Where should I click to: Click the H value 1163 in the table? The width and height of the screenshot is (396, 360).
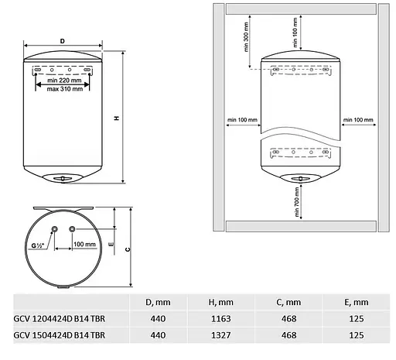[x=221, y=319]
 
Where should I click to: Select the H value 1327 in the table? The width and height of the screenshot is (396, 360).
[x=221, y=335]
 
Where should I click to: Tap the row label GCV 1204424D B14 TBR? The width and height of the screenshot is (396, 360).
[x=60, y=319]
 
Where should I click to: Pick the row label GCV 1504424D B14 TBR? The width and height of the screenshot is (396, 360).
[x=60, y=335]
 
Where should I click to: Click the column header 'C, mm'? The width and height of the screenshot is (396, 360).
[x=288, y=302]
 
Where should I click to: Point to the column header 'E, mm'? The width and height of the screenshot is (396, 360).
[x=357, y=302]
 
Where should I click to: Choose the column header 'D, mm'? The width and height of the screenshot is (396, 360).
[x=158, y=302]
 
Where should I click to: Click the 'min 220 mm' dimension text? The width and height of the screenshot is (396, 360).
[x=64, y=81]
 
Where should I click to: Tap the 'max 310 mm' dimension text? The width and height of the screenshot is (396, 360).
[x=65, y=89]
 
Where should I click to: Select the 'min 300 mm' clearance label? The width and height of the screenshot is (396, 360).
[x=246, y=37]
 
